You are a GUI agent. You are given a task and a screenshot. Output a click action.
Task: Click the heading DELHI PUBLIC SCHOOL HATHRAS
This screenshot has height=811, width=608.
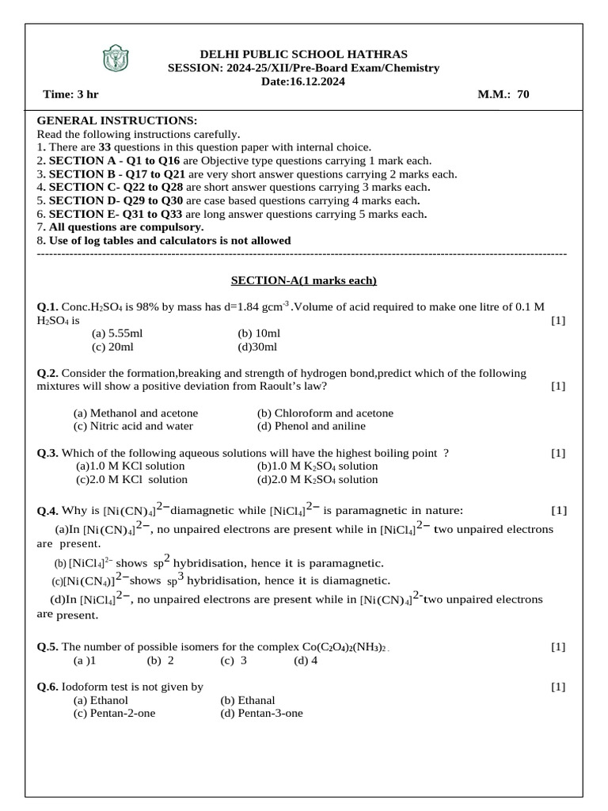click(x=304, y=54)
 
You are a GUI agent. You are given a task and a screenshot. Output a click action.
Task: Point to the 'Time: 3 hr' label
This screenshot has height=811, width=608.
click(x=70, y=94)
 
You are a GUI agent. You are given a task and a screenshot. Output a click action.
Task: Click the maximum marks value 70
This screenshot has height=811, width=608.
click(x=522, y=94)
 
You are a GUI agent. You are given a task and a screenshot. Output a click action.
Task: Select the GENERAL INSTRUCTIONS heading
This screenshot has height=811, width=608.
click(x=116, y=120)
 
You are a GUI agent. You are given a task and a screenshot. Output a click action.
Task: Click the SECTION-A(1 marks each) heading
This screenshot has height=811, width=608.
click(x=304, y=280)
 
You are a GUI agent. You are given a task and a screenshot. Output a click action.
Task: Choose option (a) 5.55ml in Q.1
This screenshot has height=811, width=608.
click(x=117, y=333)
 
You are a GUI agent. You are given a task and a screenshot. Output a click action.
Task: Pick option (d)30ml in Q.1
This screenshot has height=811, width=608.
click(x=257, y=346)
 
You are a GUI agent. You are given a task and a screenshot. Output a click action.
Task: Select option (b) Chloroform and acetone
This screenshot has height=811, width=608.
click(x=325, y=413)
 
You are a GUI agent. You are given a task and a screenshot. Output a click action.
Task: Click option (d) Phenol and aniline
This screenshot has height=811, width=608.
click(x=311, y=425)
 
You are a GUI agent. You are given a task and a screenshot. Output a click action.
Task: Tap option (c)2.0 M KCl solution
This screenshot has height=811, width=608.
click(x=131, y=479)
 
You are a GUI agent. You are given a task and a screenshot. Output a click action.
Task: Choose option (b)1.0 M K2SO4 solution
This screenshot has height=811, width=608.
click(x=312, y=466)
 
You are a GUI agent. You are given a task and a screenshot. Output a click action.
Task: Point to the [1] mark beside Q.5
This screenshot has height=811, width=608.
click(x=558, y=646)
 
